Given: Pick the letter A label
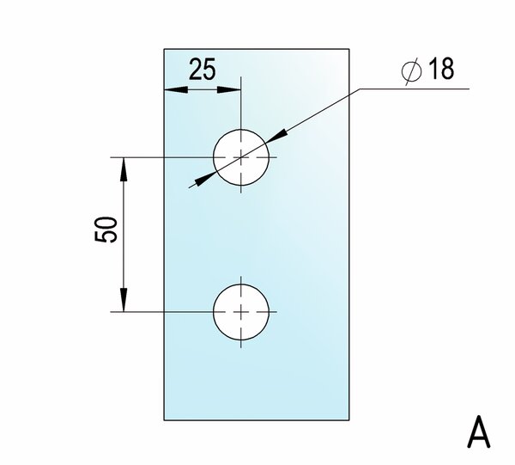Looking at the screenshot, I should (x=478, y=432).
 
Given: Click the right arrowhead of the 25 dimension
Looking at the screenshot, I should (x=233, y=89).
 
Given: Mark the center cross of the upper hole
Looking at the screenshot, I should (x=242, y=157).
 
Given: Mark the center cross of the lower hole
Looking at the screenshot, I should (x=242, y=311).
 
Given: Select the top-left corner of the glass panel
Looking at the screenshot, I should (x=164, y=49).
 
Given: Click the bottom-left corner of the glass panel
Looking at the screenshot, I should (x=164, y=419).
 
